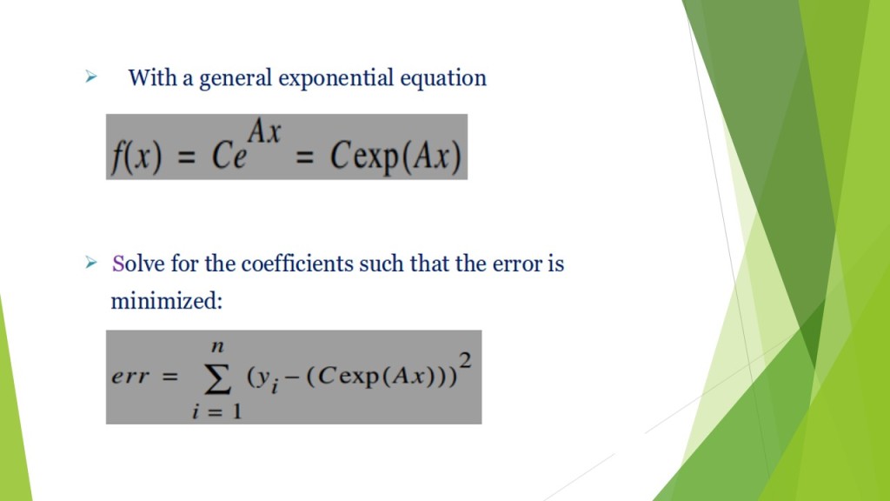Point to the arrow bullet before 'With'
(x=90, y=77)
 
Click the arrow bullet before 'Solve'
(x=90, y=262)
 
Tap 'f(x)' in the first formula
(x=136, y=157)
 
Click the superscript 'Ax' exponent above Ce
(x=264, y=133)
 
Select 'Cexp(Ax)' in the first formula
(x=395, y=157)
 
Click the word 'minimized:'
(x=167, y=301)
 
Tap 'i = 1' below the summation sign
(x=216, y=411)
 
